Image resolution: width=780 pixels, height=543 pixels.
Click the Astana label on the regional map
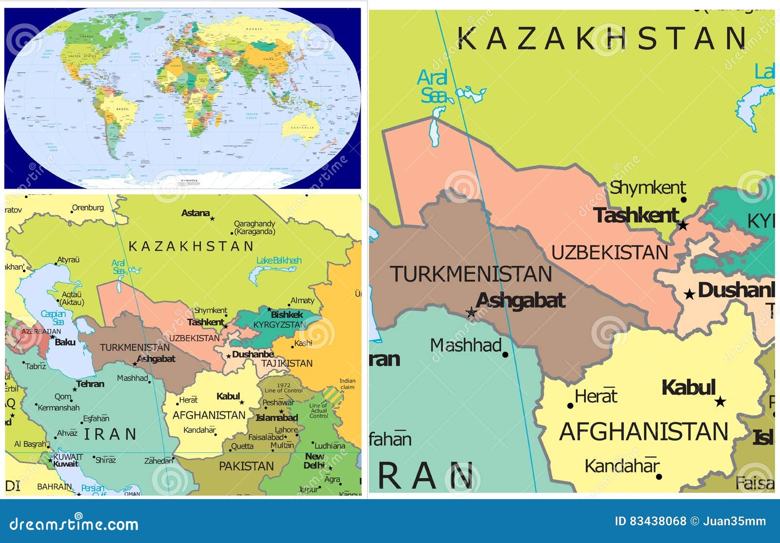195,213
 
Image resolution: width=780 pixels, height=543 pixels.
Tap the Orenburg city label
88,208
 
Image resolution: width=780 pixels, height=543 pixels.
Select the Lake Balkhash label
279,260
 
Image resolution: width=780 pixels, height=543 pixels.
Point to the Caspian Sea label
53,317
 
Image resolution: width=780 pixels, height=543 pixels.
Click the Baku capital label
65,342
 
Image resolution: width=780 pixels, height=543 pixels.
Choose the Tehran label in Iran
90,384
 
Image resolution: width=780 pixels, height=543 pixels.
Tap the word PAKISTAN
246,466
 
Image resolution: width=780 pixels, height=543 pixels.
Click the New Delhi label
314,461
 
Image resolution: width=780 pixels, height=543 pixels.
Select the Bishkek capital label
287,314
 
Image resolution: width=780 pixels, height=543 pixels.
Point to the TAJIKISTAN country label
287,363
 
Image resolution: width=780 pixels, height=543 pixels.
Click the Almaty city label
302,300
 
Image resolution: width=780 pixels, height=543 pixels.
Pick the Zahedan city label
158,461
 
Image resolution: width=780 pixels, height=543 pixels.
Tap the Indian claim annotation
348,384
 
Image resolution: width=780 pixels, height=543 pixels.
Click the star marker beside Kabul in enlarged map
720,402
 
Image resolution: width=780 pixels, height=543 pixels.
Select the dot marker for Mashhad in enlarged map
505,354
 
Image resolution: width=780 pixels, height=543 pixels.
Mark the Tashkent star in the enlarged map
683,225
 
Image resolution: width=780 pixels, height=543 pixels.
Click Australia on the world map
303,128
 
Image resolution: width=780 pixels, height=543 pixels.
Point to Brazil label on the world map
123,109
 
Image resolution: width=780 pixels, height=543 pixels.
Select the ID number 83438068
658,521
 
